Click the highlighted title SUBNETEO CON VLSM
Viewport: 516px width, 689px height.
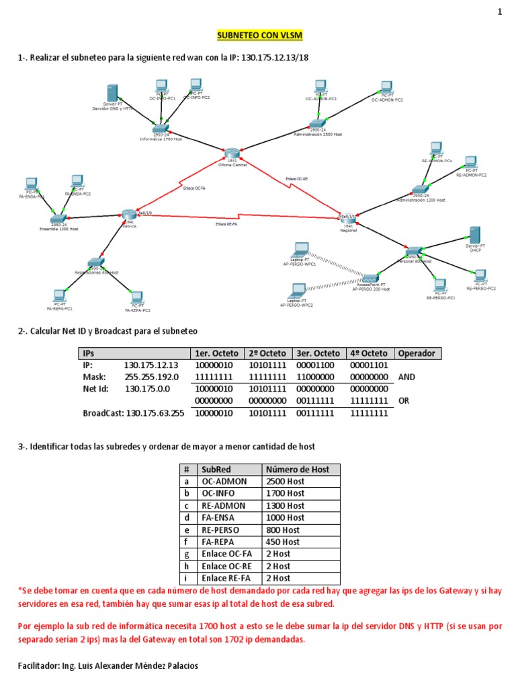coord(258,35)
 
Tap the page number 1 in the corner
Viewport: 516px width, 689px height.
coord(499,12)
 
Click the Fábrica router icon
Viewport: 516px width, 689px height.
coord(129,215)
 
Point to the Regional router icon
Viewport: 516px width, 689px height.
coord(347,217)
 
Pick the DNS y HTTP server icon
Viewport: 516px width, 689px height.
coord(112,94)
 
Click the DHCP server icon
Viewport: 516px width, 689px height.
coord(474,235)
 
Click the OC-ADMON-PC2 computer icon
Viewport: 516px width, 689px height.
coord(386,87)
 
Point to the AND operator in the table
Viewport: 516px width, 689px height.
coord(406,377)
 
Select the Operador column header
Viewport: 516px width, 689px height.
coord(417,353)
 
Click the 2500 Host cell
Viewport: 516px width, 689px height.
coord(286,481)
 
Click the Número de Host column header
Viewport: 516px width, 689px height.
coord(298,469)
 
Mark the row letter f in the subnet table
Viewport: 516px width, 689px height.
coord(185,542)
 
